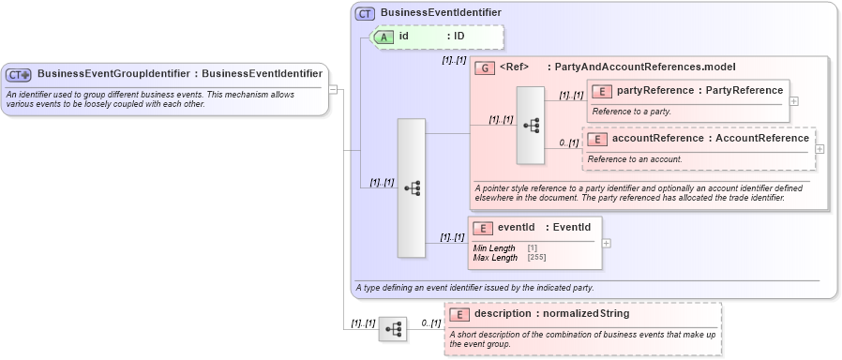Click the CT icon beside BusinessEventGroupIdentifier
19,74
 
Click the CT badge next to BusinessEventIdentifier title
366,13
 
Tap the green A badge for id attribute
384,37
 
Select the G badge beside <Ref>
485,67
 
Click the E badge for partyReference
601,91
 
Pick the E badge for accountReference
596,139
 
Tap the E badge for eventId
482,228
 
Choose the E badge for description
459,314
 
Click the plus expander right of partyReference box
794,100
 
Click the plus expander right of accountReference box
820,148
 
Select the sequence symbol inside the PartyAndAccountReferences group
530,126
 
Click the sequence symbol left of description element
393,329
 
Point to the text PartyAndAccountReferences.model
645,67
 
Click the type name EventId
571,227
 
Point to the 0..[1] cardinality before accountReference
569,142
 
